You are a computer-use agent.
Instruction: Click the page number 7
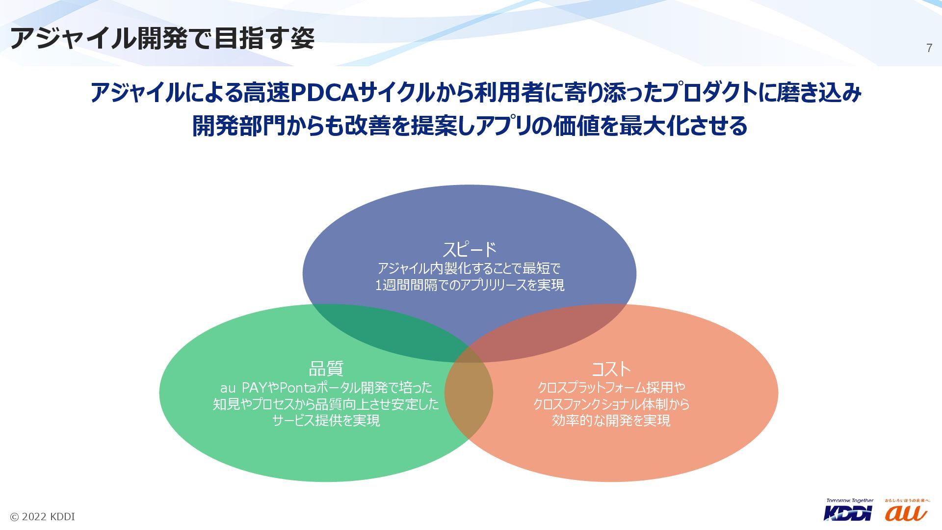[929, 48]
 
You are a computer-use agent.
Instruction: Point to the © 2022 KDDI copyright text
[43, 517]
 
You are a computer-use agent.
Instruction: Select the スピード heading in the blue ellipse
[470, 249]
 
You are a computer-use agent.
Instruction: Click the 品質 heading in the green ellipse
[326, 369]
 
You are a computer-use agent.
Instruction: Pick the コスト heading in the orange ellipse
[611, 369]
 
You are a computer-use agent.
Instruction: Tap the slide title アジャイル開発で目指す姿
[162, 38]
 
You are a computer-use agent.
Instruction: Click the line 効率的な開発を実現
[611, 421]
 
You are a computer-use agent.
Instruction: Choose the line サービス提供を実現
[326, 421]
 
